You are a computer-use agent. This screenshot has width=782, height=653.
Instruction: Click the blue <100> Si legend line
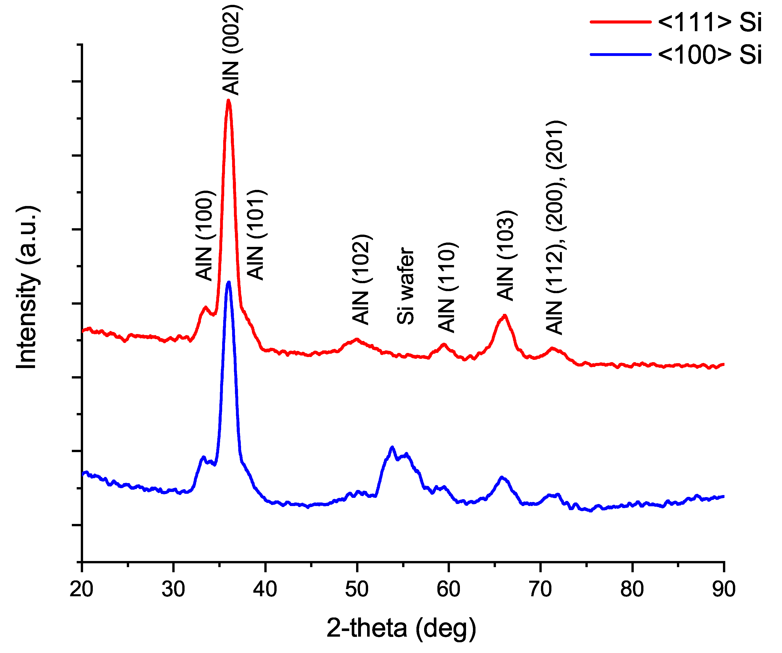tap(621, 55)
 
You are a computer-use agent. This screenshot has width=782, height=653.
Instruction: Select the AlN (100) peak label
tap(205, 235)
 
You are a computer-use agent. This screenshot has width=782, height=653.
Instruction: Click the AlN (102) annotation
tap(361, 279)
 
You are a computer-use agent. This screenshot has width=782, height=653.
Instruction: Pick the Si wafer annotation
tap(405, 285)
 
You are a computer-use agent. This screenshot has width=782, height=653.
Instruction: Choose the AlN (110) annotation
tap(447, 287)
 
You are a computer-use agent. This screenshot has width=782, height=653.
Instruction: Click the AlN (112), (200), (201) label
tap(555, 227)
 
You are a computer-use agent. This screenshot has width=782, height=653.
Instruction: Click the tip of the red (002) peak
tap(229, 100)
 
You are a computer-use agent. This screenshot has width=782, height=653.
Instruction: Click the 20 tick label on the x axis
tap(82, 589)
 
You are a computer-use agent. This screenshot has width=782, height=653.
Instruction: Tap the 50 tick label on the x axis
tap(357, 589)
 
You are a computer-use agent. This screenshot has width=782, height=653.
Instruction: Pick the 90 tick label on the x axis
tap(723, 589)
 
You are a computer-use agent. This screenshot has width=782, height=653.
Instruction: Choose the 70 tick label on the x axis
tap(540, 589)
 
